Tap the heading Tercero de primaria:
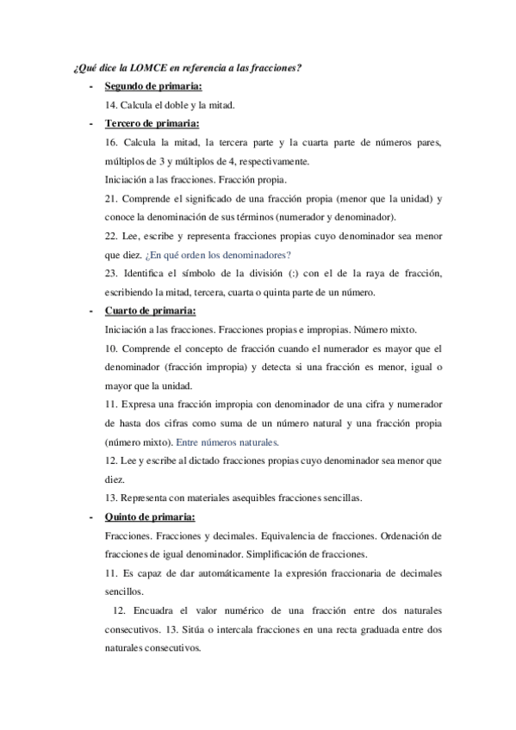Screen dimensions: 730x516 [x=152, y=124]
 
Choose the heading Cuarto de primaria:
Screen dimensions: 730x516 [x=151, y=311]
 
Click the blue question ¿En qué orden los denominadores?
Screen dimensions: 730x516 [x=218, y=255]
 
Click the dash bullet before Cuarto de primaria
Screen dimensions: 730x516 [x=91, y=311]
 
